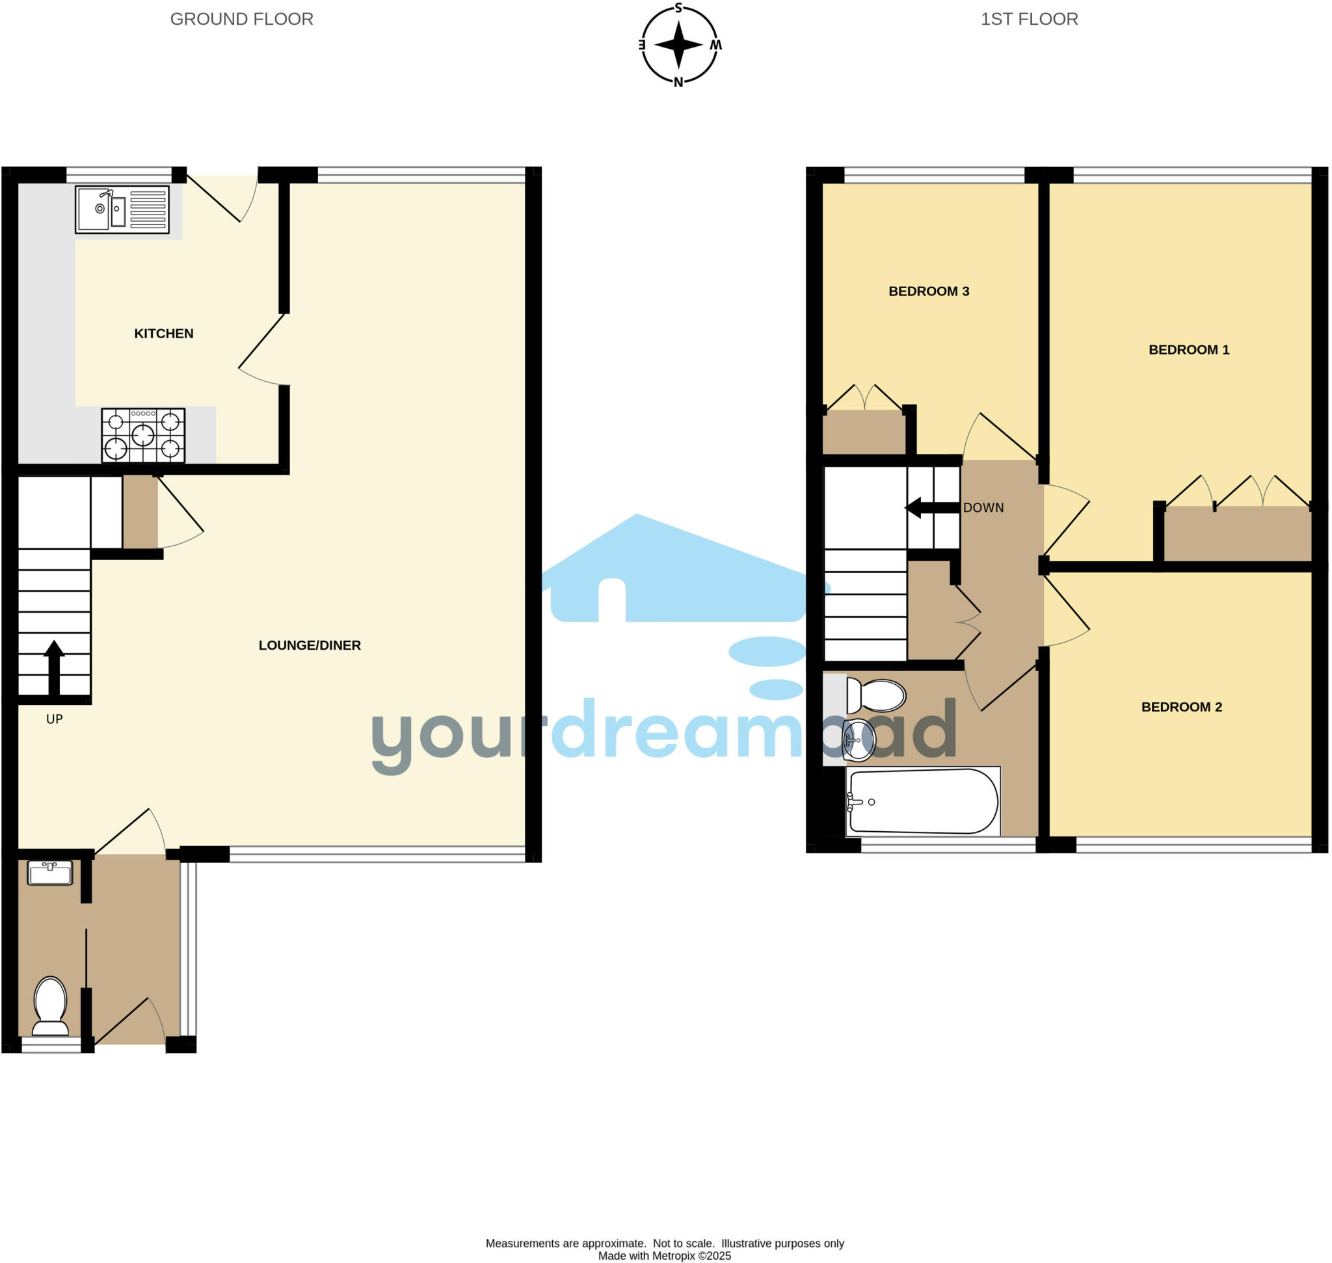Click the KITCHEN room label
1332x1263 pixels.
164,333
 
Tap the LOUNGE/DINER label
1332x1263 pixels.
310,645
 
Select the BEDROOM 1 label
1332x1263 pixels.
1188,349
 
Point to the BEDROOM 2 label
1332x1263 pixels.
1181,707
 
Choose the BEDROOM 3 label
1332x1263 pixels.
929,291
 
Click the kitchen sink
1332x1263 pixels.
122,209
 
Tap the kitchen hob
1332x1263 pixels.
143,435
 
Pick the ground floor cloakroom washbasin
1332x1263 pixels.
50,873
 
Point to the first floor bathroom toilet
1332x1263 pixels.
876,695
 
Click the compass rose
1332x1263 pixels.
679,45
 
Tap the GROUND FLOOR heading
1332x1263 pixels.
242,19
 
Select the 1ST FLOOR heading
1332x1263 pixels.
1029,19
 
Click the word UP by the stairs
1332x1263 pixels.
55,719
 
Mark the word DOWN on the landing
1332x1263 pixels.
983,508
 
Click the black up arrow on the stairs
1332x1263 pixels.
54,667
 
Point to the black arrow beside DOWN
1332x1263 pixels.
932,508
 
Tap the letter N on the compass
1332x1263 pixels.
679,82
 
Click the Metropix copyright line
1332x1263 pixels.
664,1256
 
